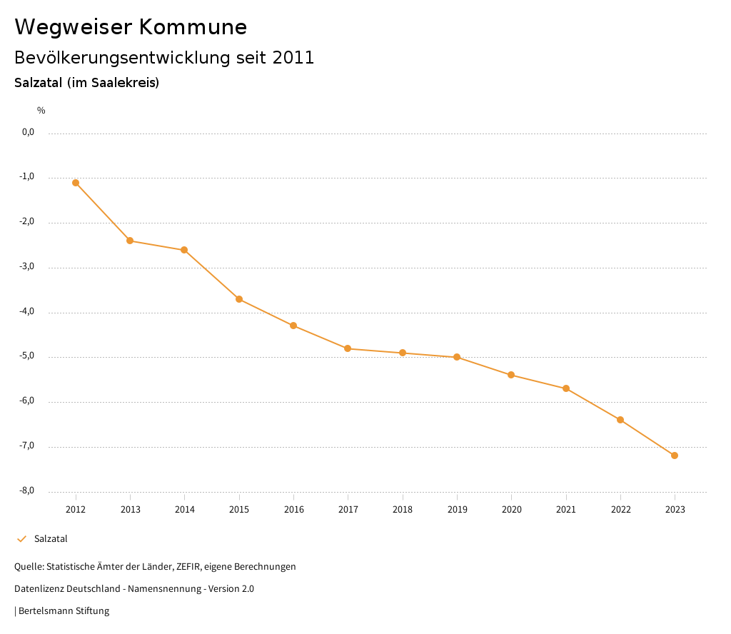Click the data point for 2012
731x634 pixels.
pos(76,183)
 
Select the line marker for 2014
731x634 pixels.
pos(184,250)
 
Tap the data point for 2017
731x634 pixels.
pos(348,348)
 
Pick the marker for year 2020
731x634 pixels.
pos(511,375)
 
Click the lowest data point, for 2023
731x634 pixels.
pos(675,456)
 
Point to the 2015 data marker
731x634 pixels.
pos(239,299)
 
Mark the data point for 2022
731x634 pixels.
pos(620,420)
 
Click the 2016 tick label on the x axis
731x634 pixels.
pos(293,510)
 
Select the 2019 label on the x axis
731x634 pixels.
pos(457,510)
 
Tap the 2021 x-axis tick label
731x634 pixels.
pos(566,510)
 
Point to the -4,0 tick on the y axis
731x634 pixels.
pos(27,312)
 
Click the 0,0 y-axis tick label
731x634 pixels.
pos(28,132)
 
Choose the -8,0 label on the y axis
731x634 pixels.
pos(27,491)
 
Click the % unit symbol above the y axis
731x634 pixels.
pos(41,111)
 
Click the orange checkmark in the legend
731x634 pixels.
pos(21,539)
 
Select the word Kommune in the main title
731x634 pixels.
pos(193,27)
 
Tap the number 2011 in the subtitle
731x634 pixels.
pos(293,58)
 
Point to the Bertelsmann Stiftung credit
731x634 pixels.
pos(64,611)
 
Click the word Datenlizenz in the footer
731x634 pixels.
pos(39,589)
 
